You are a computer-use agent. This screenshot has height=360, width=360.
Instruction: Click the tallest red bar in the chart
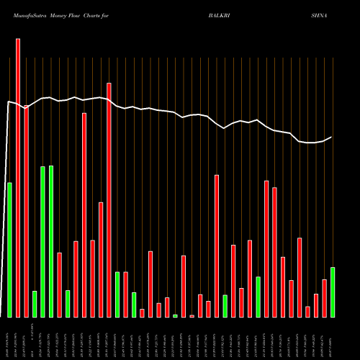(18, 178)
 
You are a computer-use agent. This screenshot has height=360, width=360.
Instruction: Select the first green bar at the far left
(9, 250)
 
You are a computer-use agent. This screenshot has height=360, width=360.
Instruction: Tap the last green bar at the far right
(333, 292)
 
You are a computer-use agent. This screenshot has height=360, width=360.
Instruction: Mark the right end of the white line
(331, 137)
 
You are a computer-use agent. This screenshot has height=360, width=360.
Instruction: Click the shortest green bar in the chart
(175, 316)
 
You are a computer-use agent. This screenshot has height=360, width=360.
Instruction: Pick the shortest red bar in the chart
(192, 316)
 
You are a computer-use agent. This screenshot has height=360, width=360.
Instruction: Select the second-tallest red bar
(109, 200)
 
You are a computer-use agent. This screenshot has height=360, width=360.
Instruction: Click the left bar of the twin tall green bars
(42, 242)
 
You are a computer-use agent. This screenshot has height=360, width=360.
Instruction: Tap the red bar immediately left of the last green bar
(324, 298)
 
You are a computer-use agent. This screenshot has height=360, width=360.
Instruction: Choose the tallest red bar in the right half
(217, 246)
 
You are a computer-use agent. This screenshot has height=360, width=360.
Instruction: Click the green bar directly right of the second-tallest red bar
(117, 294)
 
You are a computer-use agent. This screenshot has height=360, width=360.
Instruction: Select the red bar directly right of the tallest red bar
(26, 212)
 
